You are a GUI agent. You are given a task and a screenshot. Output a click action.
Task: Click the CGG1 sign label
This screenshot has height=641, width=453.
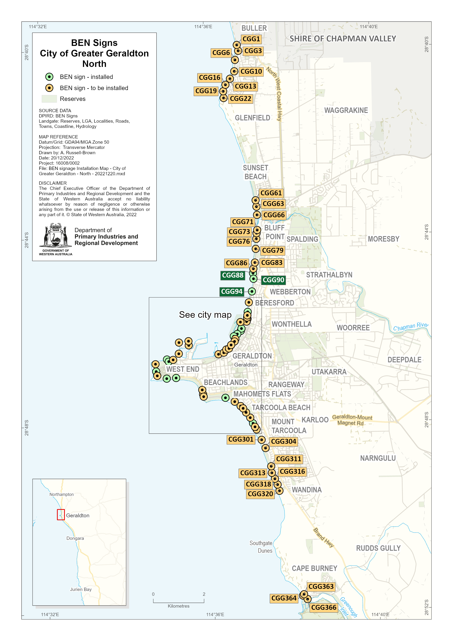pyautogui.click(x=251, y=39)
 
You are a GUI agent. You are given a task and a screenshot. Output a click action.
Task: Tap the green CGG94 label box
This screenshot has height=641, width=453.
pyautogui.click(x=231, y=291)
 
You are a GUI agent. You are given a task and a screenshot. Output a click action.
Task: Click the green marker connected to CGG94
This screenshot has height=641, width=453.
pyautogui.click(x=252, y=291)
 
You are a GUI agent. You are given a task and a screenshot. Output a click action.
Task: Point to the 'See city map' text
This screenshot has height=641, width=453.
pyautogui.click(x=205, y=315)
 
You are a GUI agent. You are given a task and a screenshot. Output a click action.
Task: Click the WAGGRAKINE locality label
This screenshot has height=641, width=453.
pyautogui.click(x=346, y=110)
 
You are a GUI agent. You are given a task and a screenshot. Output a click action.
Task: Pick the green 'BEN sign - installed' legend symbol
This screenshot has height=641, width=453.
pyautogui.click(x=49, y=77)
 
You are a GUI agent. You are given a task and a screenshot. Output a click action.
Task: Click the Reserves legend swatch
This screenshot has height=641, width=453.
pyautogui.click(x=49, y=99)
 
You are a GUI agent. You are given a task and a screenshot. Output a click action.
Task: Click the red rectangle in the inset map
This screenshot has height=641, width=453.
pyautogui.click(x=61, y=515)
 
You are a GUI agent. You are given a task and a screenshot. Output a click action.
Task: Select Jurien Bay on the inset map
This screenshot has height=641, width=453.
pyautogui.click(x=81, y=589)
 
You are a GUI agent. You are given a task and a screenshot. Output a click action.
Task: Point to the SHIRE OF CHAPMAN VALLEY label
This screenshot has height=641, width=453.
pyautogui.click(x=342, y=39)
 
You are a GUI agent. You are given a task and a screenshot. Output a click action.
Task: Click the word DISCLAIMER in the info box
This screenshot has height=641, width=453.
pyautogui.click(x=53, y=183)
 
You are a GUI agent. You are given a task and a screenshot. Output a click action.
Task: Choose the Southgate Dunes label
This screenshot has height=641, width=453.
pyautogui.click(x=261, y=547)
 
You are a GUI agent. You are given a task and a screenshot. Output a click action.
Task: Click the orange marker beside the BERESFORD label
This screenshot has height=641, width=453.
pyautogui.click(x=249, y=302)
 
